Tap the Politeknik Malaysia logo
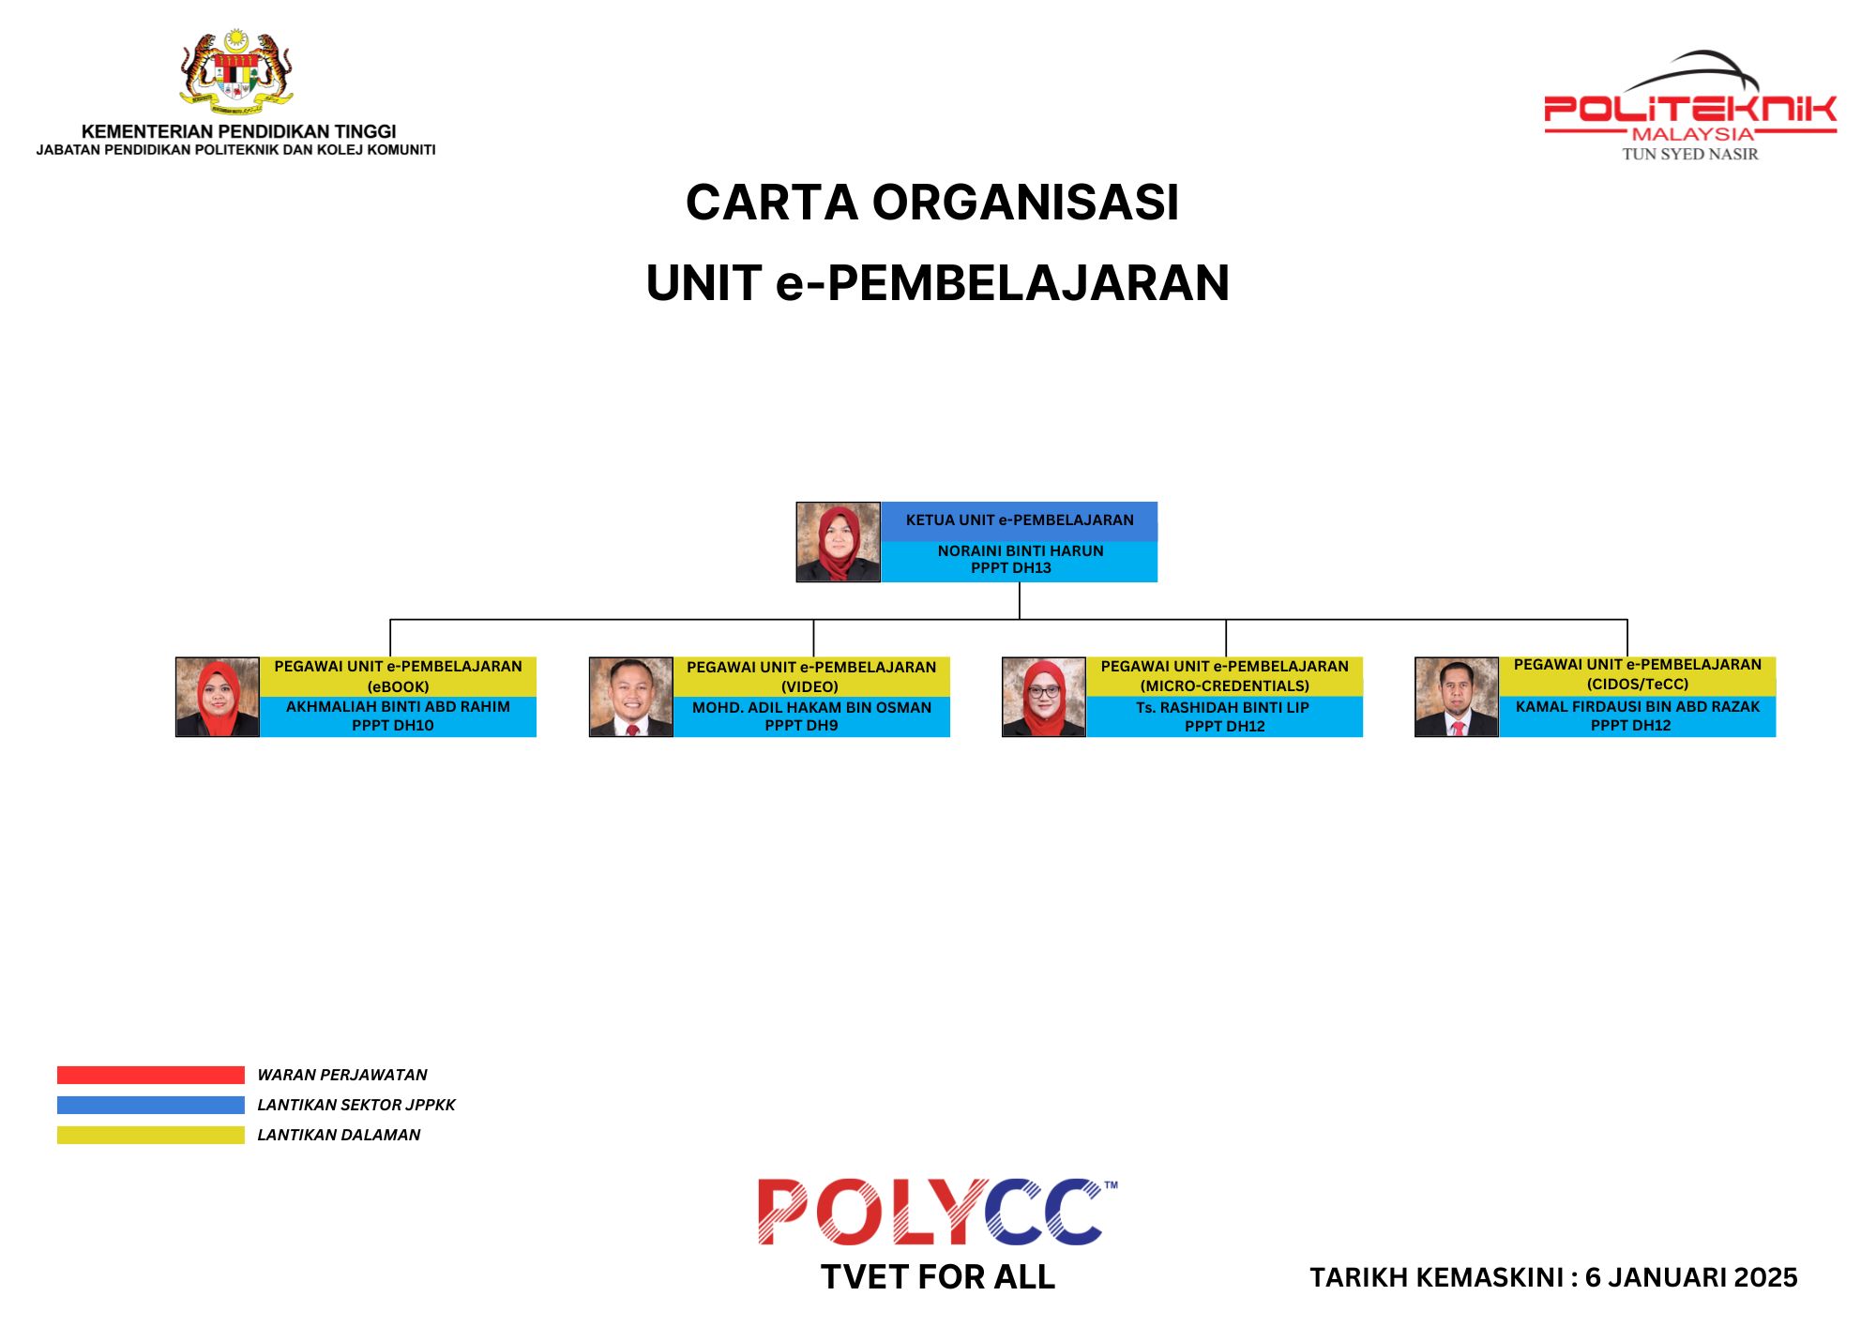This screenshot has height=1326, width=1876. click(1690, 106)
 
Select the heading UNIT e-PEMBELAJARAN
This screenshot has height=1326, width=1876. click(938, 283)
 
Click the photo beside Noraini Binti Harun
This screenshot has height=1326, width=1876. click(838, 542)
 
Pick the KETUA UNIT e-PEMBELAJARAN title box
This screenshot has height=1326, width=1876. click(1020, 520)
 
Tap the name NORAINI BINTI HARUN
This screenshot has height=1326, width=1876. click(1021, 550)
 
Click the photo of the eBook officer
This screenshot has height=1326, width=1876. click(218, 697)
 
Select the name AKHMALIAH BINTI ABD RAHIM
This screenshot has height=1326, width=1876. click(398, 706)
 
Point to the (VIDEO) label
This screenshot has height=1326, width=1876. click(809, 686)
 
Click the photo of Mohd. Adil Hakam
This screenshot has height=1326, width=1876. click(631, 697)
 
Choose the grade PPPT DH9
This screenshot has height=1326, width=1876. click(801, 725)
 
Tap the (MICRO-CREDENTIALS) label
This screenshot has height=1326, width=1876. click(1224, 686)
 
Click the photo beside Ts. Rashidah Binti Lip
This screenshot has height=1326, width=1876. click(1044, 697)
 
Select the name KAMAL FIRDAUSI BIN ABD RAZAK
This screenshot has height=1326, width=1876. click(1638, 706)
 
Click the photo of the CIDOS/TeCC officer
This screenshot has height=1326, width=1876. click(1457, 697)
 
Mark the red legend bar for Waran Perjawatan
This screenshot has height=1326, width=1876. click(151, 1075)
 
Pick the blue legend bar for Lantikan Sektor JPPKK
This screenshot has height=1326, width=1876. click(151, 1105)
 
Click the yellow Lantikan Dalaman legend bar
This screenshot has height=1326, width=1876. click(151, 1135)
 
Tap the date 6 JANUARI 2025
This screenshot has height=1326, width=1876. click(1691, 1277)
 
